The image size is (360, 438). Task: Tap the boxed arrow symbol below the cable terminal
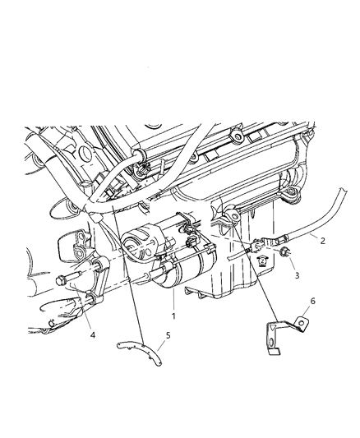(x=262, y=261)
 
